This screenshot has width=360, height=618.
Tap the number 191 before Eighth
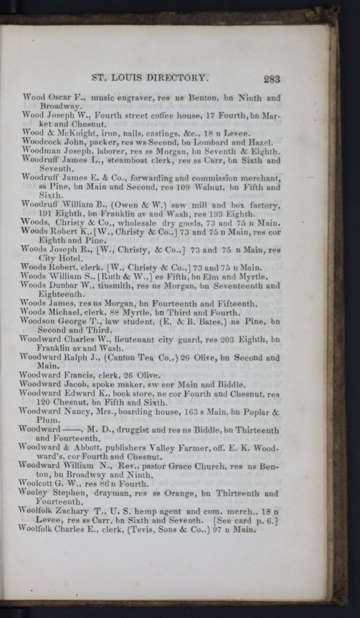(x=45, y=214)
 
